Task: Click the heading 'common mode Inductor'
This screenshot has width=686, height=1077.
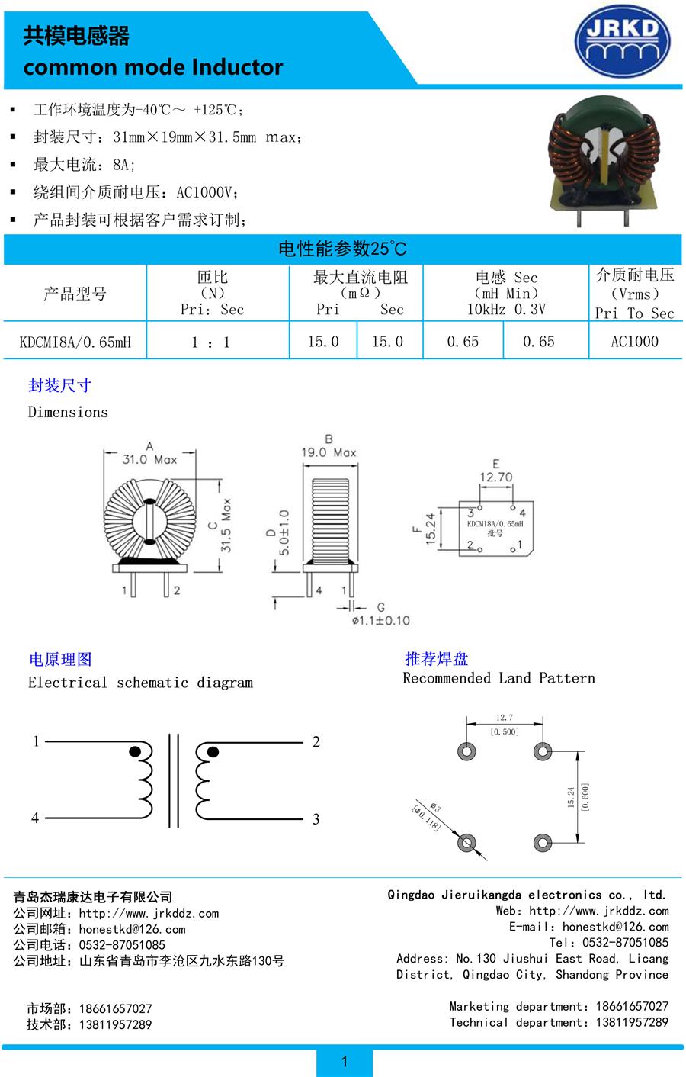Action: (x=152, y=67)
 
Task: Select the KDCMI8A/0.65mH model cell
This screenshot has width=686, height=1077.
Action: (x=75, y=342)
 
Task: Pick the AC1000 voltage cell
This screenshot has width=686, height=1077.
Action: (x=634, y=342)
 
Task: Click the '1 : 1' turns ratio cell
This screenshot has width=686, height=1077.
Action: (x=211, y=342)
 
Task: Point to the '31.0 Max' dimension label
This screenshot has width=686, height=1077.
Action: (x=149, y=459)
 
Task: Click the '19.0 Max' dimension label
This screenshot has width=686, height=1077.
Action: (x=329, y=452)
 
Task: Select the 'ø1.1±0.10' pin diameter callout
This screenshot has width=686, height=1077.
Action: (x=380, y=621)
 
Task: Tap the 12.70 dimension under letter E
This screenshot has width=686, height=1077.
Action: (x=495, y=477)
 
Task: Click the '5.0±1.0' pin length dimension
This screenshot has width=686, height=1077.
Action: (x=284, y=532)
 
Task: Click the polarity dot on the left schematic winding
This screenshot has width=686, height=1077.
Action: (x=135, y=751)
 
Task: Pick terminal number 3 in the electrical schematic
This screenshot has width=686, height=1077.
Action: (x=316, y=819)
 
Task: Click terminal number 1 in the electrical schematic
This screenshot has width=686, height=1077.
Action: (x=36, y=741)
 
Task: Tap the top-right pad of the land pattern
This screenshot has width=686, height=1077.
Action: (x=542, y=751)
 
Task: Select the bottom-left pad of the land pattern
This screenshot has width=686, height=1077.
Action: (x=466, y=843)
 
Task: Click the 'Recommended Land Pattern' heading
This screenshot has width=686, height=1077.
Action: (x=498, y=678)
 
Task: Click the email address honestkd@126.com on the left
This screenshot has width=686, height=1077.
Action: (x=133, y=929)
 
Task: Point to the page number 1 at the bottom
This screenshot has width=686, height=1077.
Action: (x=345, y=1061)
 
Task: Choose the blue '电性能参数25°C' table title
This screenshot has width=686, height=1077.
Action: (x=342, y=249)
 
